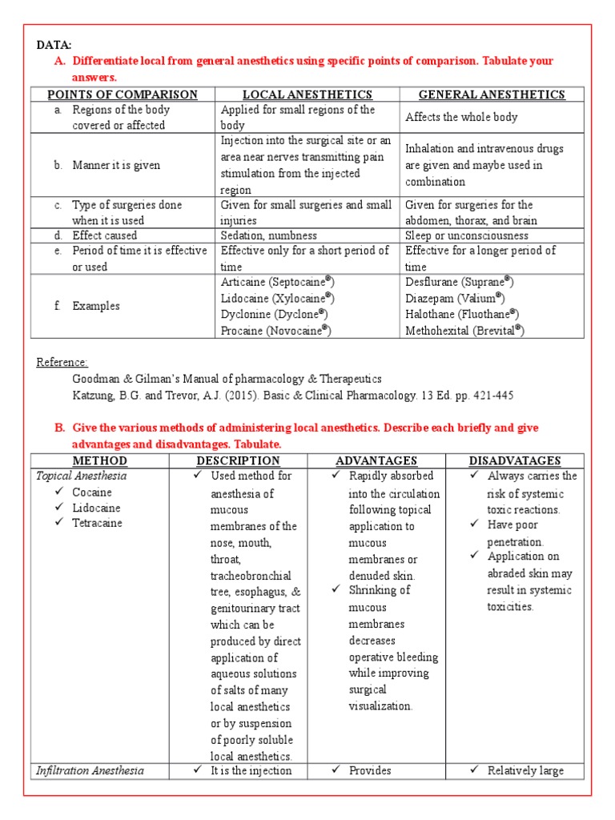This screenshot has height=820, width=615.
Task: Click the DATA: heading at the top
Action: click(54, 46)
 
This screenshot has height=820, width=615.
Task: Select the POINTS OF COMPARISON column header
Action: click(123, 94)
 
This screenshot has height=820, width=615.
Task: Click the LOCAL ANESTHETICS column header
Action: click(307, 94)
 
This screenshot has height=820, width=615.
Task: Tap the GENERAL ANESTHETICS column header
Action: click(492, 94)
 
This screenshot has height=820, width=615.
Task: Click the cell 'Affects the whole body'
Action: click(461, 117)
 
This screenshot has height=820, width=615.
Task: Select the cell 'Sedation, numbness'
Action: click(269, 235)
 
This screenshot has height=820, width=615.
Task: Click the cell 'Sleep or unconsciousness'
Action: click(467, 235)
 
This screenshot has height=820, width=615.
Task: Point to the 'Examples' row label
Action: click(96, 306)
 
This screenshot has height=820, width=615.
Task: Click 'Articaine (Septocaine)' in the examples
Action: click(277, 282)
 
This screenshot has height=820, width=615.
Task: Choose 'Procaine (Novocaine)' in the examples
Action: click(275, 331)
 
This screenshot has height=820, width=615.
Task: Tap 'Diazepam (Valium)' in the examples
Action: click(454, 298)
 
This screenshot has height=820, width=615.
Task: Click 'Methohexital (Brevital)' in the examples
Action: click(464, 331)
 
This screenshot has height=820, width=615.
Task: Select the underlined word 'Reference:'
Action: click(62, 363)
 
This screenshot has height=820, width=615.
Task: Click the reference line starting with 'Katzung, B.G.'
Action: click(293, 396)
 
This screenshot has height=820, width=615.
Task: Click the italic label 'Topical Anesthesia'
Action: click(81, 476)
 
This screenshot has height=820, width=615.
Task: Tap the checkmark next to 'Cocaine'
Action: click(60, 492)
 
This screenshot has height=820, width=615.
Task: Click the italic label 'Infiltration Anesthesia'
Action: click(90, 770)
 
